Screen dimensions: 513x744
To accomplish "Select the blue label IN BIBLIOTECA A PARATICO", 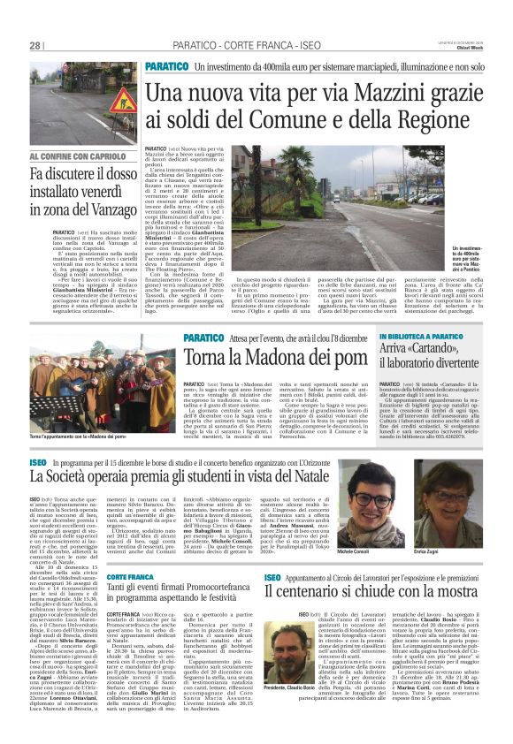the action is coord(424,338).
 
